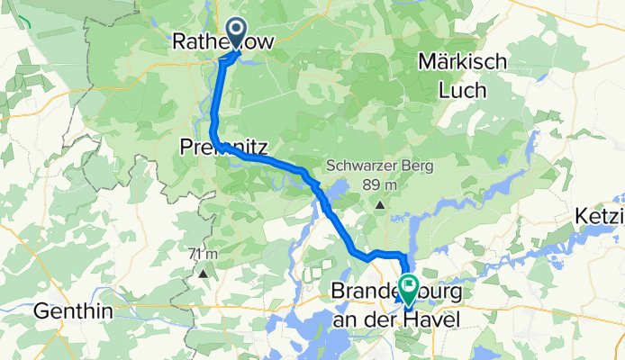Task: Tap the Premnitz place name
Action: coord(221,146)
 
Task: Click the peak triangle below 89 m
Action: coord(380,205)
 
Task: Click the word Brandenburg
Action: coord(393,293)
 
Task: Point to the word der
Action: coord(384,319)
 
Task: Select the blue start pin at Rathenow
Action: coord(236,33)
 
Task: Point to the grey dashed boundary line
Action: coord(142,180)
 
